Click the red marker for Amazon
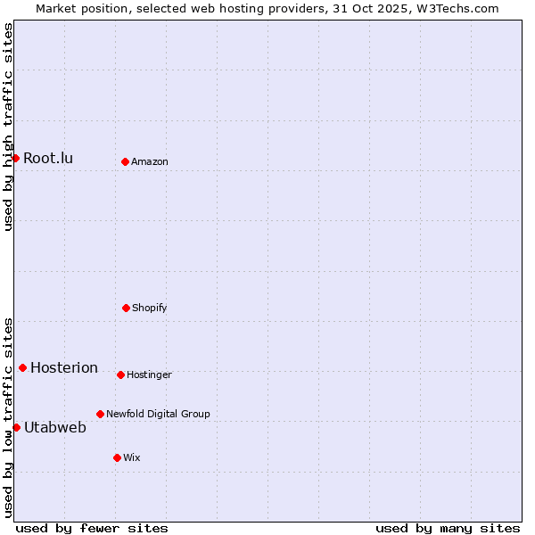click(125, 161)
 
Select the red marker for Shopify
click(126, 308)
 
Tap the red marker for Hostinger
click(120, 374)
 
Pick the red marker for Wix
click(117, 457)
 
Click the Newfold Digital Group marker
click(100, 414)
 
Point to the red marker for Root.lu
click(15, 158)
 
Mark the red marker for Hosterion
click(22, 367)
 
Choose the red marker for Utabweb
click(16, 427)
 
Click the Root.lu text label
click(48, 159)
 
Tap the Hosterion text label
click(64, 368)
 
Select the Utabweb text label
click(55, 428)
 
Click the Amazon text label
click(150, 162)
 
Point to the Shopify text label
click(150, 309)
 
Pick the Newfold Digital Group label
click(158, 415)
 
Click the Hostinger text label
click(149, 375)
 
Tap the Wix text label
click(132, 458)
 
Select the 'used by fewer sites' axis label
click(92, 528)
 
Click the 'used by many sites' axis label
click(448, 528)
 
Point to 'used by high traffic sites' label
click(9, 128)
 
